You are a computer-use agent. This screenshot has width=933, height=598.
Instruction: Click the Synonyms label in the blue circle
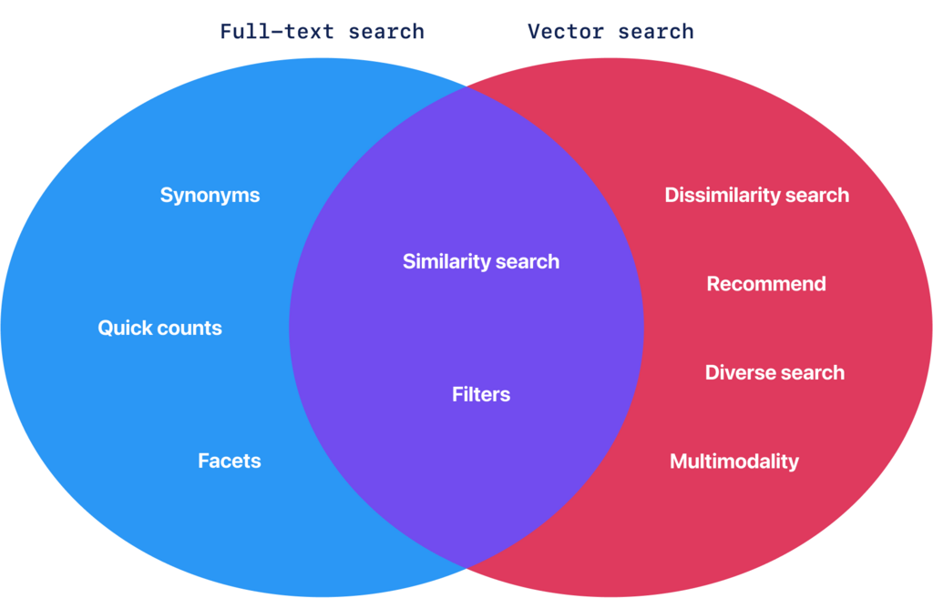[x=210, y=196]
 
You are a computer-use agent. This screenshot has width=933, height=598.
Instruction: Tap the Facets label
[x=230, y=461]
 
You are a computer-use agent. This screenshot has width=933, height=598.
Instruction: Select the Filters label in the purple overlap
[x=481, y=395]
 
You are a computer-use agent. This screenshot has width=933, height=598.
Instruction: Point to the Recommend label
[x=766, y=284]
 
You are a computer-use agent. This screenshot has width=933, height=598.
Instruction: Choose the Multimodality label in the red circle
[x=734, y=461]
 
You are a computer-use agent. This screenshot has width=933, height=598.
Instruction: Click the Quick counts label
[x=159, y=329]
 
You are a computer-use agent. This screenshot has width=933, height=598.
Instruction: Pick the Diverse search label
[x=774, y=373]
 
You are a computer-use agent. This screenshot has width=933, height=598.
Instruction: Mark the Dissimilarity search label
[x=756, y=196]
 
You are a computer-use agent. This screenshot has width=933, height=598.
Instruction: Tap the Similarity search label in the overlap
[x=481, y=262]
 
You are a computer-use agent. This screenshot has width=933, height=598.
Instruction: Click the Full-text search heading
[x=323, y=32]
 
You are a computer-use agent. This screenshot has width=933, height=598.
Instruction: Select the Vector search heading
[x=610, y=32]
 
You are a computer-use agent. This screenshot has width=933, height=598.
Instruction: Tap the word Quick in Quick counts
[x=125, y=329]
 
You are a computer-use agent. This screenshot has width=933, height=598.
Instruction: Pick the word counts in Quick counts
[x=189, y=329]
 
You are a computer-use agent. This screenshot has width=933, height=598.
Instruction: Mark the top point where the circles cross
[x=466, y=86]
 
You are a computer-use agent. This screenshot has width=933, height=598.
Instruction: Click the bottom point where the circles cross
[x=466, y=569]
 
